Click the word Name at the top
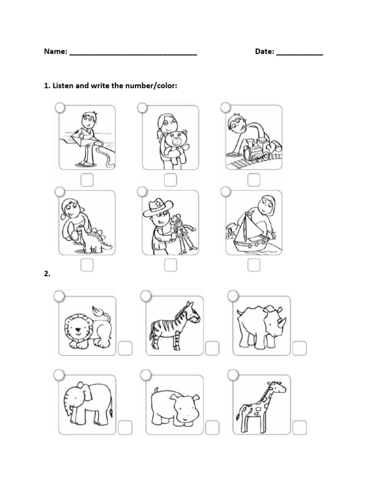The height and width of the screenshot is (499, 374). [55, 51]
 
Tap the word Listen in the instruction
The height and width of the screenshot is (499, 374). [63, 86]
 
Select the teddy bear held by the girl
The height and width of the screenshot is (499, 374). [175, 144]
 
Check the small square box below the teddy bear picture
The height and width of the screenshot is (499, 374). [170, 180]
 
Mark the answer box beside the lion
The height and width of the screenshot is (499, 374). [125, 348]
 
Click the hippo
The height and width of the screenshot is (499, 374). [174, 406]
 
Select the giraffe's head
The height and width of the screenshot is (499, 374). [276, 387]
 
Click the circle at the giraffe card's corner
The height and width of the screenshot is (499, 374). [233, 375]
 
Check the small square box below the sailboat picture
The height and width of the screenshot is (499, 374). [254, 265]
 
